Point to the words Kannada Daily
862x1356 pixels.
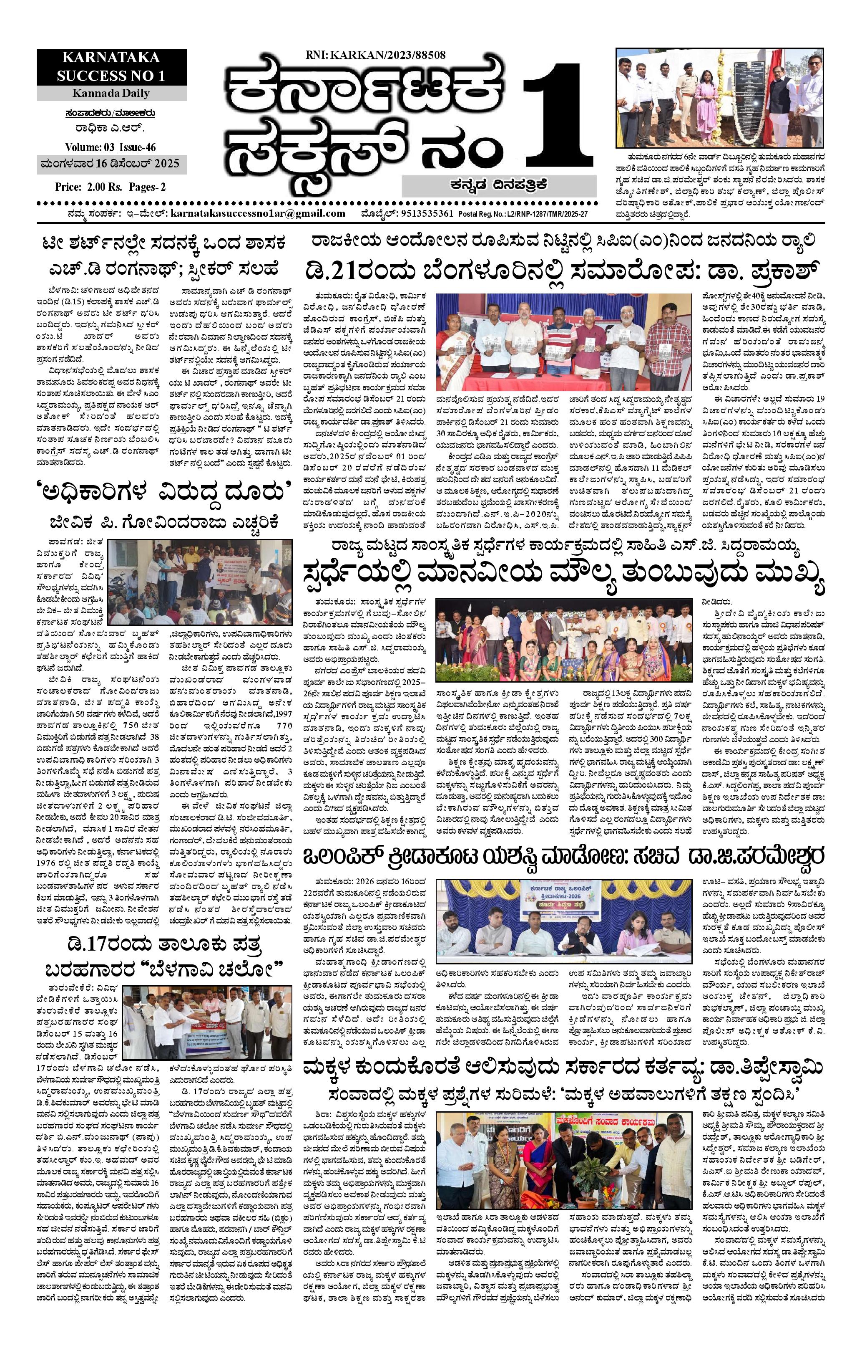pyautogui.click(x=111, y=93)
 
